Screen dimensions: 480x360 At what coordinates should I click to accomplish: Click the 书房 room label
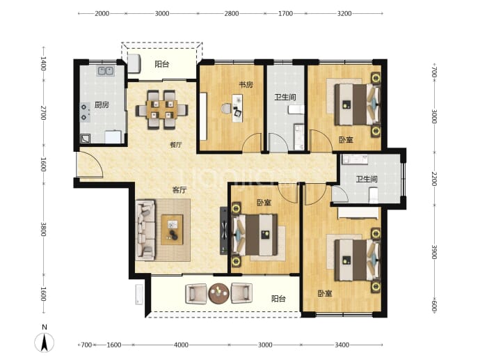coord(246,85)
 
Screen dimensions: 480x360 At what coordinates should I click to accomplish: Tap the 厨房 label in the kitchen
coord(102,105)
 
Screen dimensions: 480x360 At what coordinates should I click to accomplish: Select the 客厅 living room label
coord(179,190)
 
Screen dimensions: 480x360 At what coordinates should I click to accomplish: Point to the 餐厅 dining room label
coord(176,145)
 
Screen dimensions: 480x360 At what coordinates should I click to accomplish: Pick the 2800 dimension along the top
coord(232,13)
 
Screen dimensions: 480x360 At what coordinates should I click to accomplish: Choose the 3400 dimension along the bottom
coord(342,345)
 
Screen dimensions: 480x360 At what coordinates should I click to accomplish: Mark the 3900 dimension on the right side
coord(434,252)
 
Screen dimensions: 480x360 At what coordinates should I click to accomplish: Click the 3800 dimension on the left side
coord(43,229)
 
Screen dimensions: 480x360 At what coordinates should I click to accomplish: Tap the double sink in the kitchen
coord(106,71)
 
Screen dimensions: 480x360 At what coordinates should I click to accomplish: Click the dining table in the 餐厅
coord(161,110)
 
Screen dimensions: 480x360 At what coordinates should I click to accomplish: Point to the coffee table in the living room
coord(172,230)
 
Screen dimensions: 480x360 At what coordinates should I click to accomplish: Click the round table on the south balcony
coord(219,294)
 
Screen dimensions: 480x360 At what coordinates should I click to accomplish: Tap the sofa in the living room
coord(145,230)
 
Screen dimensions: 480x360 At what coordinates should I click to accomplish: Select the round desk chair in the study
coord(227,109)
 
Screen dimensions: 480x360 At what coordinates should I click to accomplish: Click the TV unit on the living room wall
coord(224,230)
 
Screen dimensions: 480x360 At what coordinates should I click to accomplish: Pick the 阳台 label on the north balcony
coord(162,64)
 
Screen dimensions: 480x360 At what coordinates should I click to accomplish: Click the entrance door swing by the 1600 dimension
coord(90,164)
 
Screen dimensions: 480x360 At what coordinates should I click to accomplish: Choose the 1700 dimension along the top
coord(285,13)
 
